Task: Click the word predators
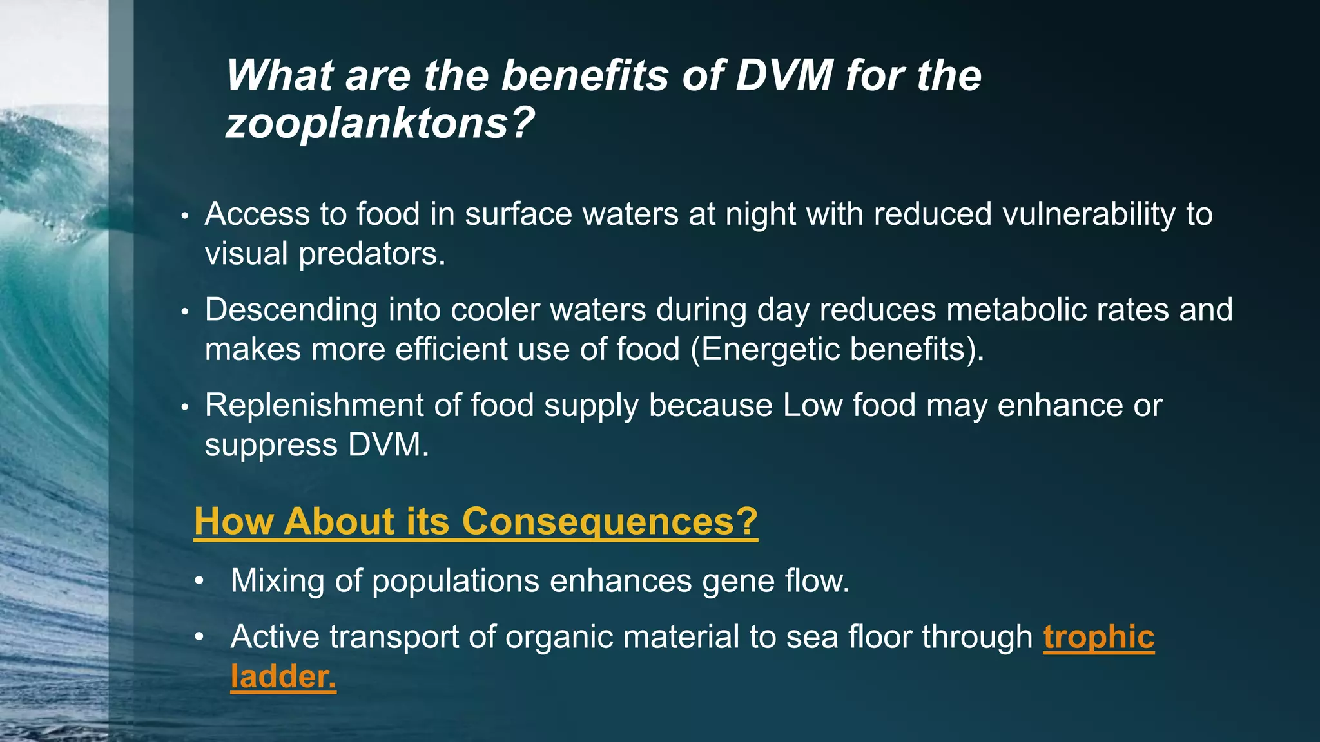coord(371,254)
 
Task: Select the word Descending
coord(291,310)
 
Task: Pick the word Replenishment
coord(314,406)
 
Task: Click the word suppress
coord(271,445)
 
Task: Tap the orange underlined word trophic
coord(1098,637)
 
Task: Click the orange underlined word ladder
coord(282,677)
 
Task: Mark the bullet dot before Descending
coord(184,312)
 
